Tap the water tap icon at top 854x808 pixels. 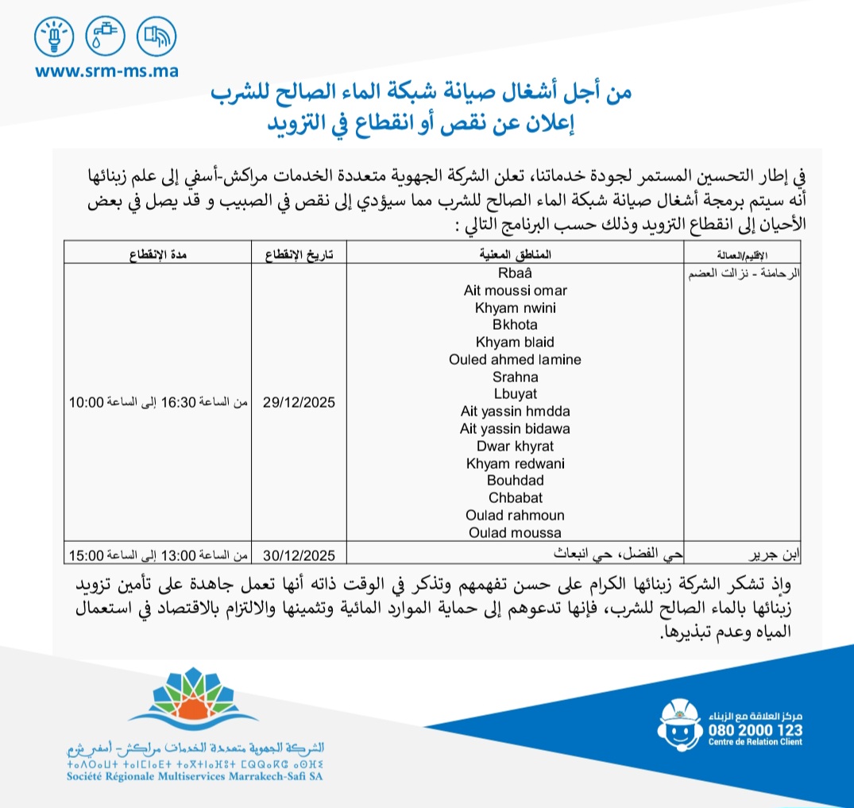tap(104, 35)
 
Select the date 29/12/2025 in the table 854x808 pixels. tap(299, 403)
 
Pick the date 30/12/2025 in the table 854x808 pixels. tap(299, 555)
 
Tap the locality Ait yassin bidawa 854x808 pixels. tap(516, 428)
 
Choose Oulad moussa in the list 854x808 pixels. tap(516, 532)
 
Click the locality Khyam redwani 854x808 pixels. tap(516, 463)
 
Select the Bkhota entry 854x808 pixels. tap(516, 325)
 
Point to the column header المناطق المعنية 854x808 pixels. tap(517, 252)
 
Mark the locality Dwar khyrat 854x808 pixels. tap(516, 446)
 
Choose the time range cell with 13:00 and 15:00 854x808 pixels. tap(157, 555)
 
